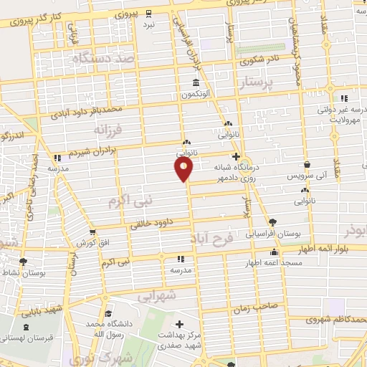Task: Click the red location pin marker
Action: [x=184, y=168]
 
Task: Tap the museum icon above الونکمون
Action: [x=195, y=82]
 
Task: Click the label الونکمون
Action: [x=194, y=95]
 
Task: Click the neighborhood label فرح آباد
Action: [x=212, y=237]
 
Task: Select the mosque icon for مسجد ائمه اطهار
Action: [x=272, y=252]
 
